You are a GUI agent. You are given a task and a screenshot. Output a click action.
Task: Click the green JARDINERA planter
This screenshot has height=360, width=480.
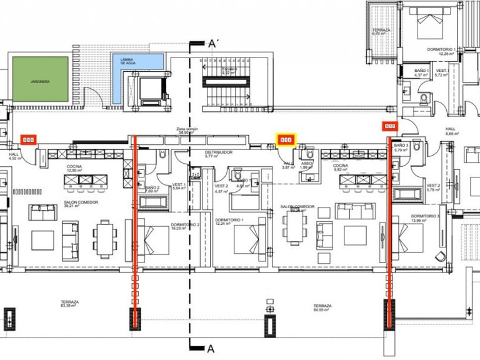pos(38,81)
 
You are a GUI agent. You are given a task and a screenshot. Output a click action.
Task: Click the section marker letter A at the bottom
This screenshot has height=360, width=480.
pos(211,349)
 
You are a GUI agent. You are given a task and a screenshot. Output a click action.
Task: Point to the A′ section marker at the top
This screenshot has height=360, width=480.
pos(213,44)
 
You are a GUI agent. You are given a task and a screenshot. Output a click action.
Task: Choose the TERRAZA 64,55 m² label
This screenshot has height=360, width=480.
pos(322,307)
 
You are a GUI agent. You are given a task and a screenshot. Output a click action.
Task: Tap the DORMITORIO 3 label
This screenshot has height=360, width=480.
pos(425,219)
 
